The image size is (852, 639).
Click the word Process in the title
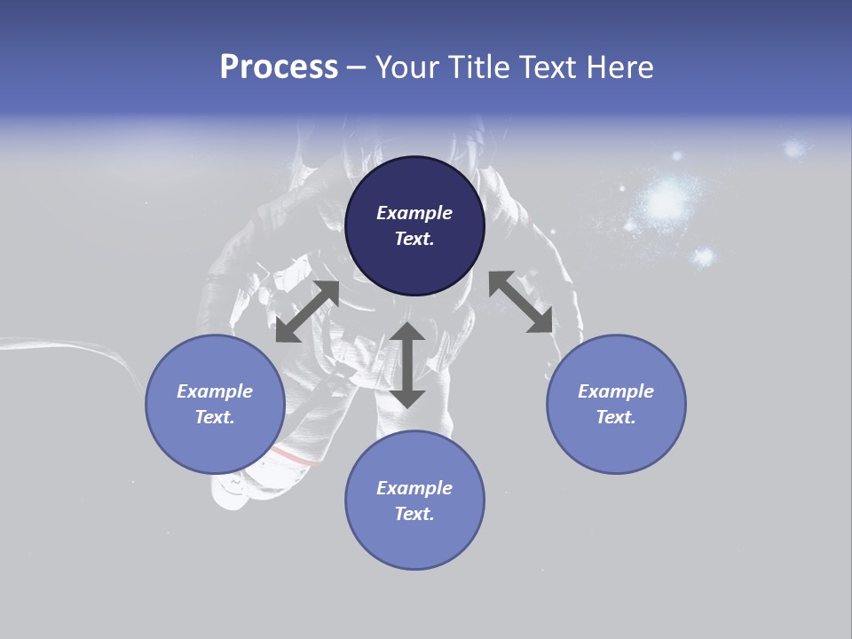pos(279,67)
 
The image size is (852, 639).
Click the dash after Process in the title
pos(356,68)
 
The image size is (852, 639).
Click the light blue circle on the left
pos(215,404)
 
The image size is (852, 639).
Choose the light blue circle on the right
pos(616,404)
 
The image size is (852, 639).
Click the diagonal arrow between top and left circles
pos(307,312)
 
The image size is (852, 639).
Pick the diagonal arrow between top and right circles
pos(520,302)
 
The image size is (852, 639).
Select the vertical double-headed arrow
pos(407,365)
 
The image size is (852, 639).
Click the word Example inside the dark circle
pos(414,213)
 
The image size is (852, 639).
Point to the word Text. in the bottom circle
pos(414,514)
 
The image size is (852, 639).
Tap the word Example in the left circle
pos(215,391)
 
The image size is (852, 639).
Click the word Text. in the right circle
pos(616,417)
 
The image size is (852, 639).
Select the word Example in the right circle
pos(616,391)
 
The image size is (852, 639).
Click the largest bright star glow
pos(664,202)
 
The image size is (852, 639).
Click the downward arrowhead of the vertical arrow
pos(407,398)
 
